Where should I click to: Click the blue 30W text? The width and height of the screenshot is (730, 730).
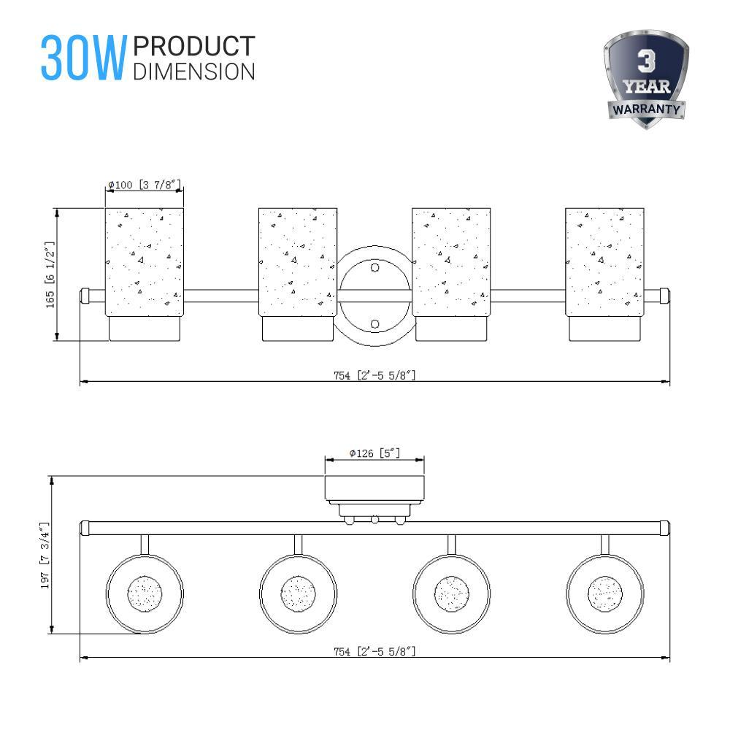pos(83,57)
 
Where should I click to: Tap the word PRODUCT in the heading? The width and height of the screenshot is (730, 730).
pos(194,46)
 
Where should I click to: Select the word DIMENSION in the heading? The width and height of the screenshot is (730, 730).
pos(194,71)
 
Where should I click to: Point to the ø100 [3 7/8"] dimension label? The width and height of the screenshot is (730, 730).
pos(144,185)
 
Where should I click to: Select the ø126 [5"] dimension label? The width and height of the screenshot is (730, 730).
pos(374,453)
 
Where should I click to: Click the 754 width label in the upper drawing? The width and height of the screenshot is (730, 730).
pos(374,375)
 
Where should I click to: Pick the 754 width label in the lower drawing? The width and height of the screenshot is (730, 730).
pos(374,651)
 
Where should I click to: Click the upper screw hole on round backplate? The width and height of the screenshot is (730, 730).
pos(375,268)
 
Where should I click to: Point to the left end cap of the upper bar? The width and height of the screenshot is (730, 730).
pos(85,296)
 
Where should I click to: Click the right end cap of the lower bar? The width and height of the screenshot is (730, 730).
pos(664,526)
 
